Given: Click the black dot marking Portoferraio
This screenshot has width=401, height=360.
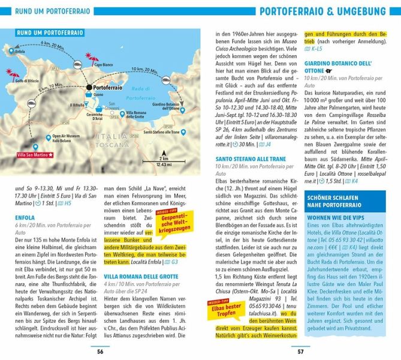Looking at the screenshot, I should point(89,88).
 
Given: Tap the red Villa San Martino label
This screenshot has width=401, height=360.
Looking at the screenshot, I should point(32,155).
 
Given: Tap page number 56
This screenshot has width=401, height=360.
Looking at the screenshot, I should point(100,352).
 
